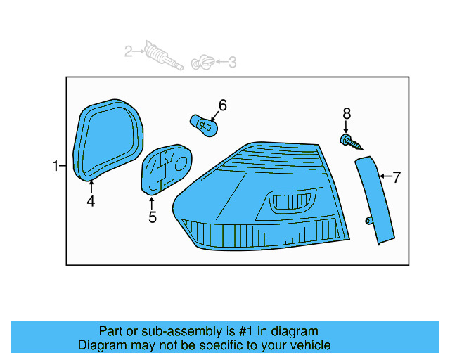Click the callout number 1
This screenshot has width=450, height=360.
[x=55, y=167]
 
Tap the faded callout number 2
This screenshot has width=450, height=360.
[x=129, y=51]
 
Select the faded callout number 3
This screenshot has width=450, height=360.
[x=232, y=63]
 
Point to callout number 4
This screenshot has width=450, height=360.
[x=91, y=202]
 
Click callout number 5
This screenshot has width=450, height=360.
[x=152, y=217]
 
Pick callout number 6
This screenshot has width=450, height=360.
[x=222, y=105]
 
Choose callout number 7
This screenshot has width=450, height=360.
[x=396, y=177]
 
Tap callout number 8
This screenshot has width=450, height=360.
[x=346, y=113]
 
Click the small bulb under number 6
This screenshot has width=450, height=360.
[x=203, y=125]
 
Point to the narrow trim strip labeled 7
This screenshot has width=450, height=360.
[x=375, y=200]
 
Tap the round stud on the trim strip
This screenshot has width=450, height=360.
[x=368, y=221]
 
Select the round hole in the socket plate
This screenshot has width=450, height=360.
[x=181, y=163]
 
